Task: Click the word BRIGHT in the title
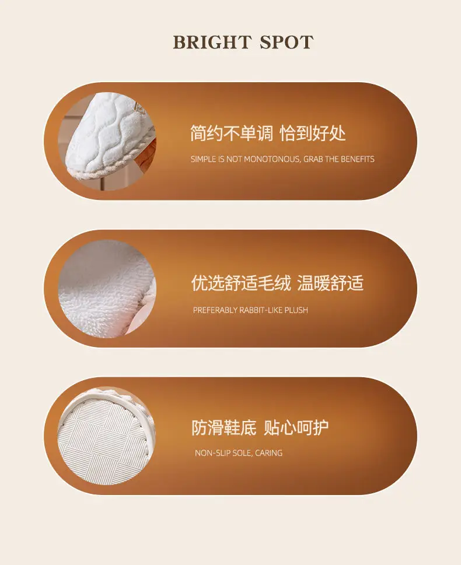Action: [212, 42]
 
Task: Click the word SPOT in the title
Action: [287, 42]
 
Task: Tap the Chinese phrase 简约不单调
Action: [232, 134]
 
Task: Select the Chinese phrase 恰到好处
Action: [313, 134]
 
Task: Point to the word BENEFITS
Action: [358, 159]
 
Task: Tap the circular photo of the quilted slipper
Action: [107, 141]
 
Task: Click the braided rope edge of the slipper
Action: [104, 171]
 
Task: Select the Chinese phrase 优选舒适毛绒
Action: [241, 283]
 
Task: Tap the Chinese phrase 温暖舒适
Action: [330, 283]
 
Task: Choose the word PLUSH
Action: [296, 310]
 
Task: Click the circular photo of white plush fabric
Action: [107, 289]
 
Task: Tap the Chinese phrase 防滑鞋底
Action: [223, 428]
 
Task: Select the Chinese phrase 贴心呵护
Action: [296, 428]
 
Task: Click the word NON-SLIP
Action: [212, 453]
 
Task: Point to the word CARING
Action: [269, 453]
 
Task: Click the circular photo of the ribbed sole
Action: [106, 436]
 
